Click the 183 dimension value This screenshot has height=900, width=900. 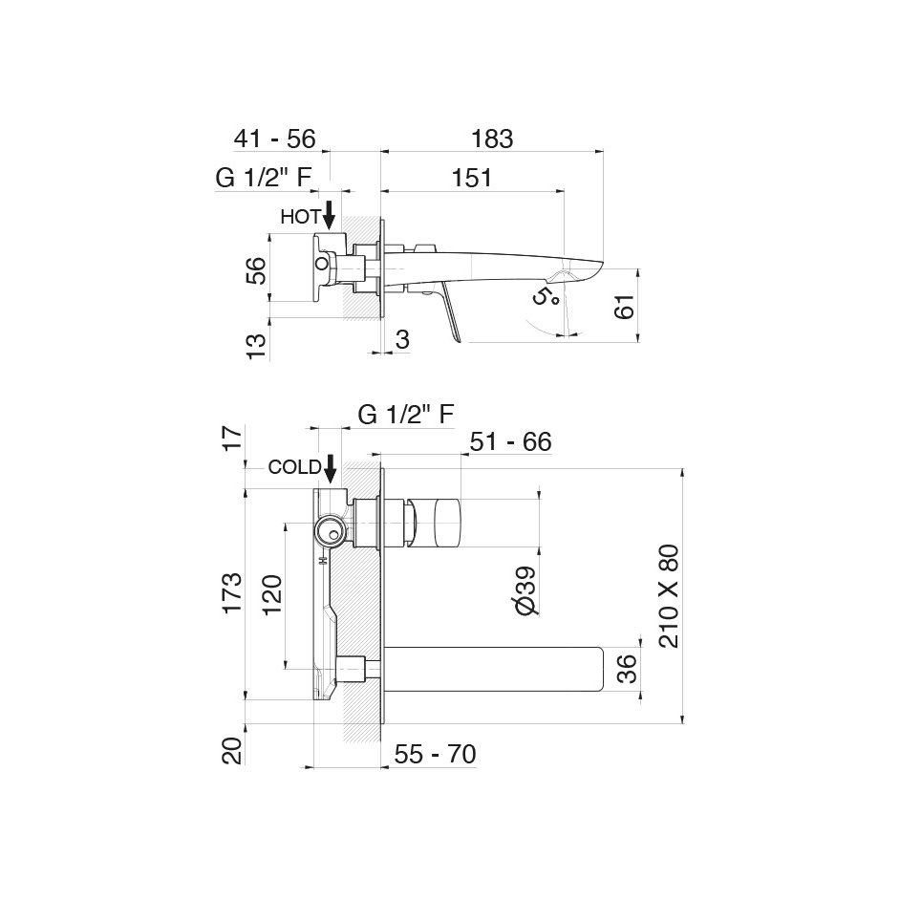tap(492, 139)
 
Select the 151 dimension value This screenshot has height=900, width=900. tap(471, 178)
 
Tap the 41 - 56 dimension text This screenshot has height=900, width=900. tap(275, 139)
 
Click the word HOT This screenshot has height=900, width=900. tap(300, 216)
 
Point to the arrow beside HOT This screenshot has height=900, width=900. tap(330, 215)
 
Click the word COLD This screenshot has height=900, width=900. tap(294, 467)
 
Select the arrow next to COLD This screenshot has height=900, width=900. tap(330, 468)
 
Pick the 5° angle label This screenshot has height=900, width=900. tap(546, 295)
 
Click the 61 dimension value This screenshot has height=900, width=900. tap(625, 306)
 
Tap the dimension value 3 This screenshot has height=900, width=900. tap(402, 339)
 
